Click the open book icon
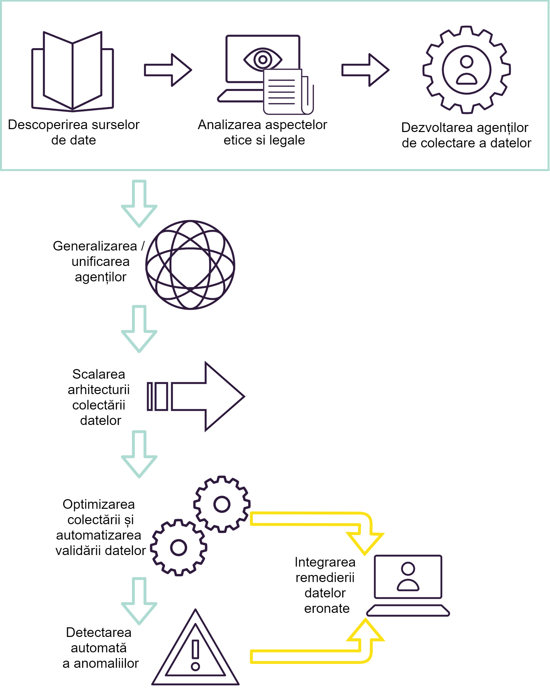[73, 71]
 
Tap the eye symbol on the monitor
[263, 59]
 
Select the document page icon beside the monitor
[283, 92]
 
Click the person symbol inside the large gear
[466, 70]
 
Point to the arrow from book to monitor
[168, 70]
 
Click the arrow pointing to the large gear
[365, 70]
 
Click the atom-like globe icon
[190, 265]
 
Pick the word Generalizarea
[95, 246]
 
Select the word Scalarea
[99, 374]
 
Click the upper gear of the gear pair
[222, 504]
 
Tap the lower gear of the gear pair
[179, 547]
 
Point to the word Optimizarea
[99, 504]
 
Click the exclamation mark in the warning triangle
[195, 654]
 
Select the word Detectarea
[99, 632]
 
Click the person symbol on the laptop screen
[408, 577]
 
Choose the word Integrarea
[325, 562]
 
